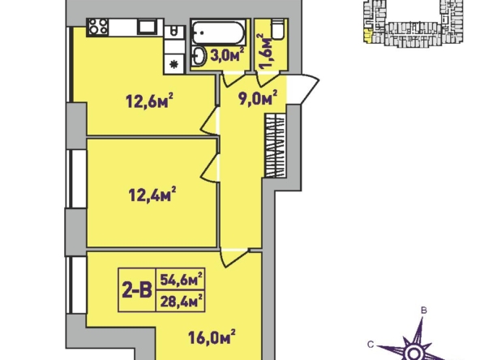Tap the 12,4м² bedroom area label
152,194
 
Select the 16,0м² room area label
212,337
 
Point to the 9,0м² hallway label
258,97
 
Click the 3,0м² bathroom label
227,55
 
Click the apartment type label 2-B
137,290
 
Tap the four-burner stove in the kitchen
98,27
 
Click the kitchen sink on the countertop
148,27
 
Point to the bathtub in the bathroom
218,32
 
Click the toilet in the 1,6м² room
277,29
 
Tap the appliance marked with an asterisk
174,64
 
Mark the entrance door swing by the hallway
303,88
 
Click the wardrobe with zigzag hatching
275,145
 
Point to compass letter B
424,311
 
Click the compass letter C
371,345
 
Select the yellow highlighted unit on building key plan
367,35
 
